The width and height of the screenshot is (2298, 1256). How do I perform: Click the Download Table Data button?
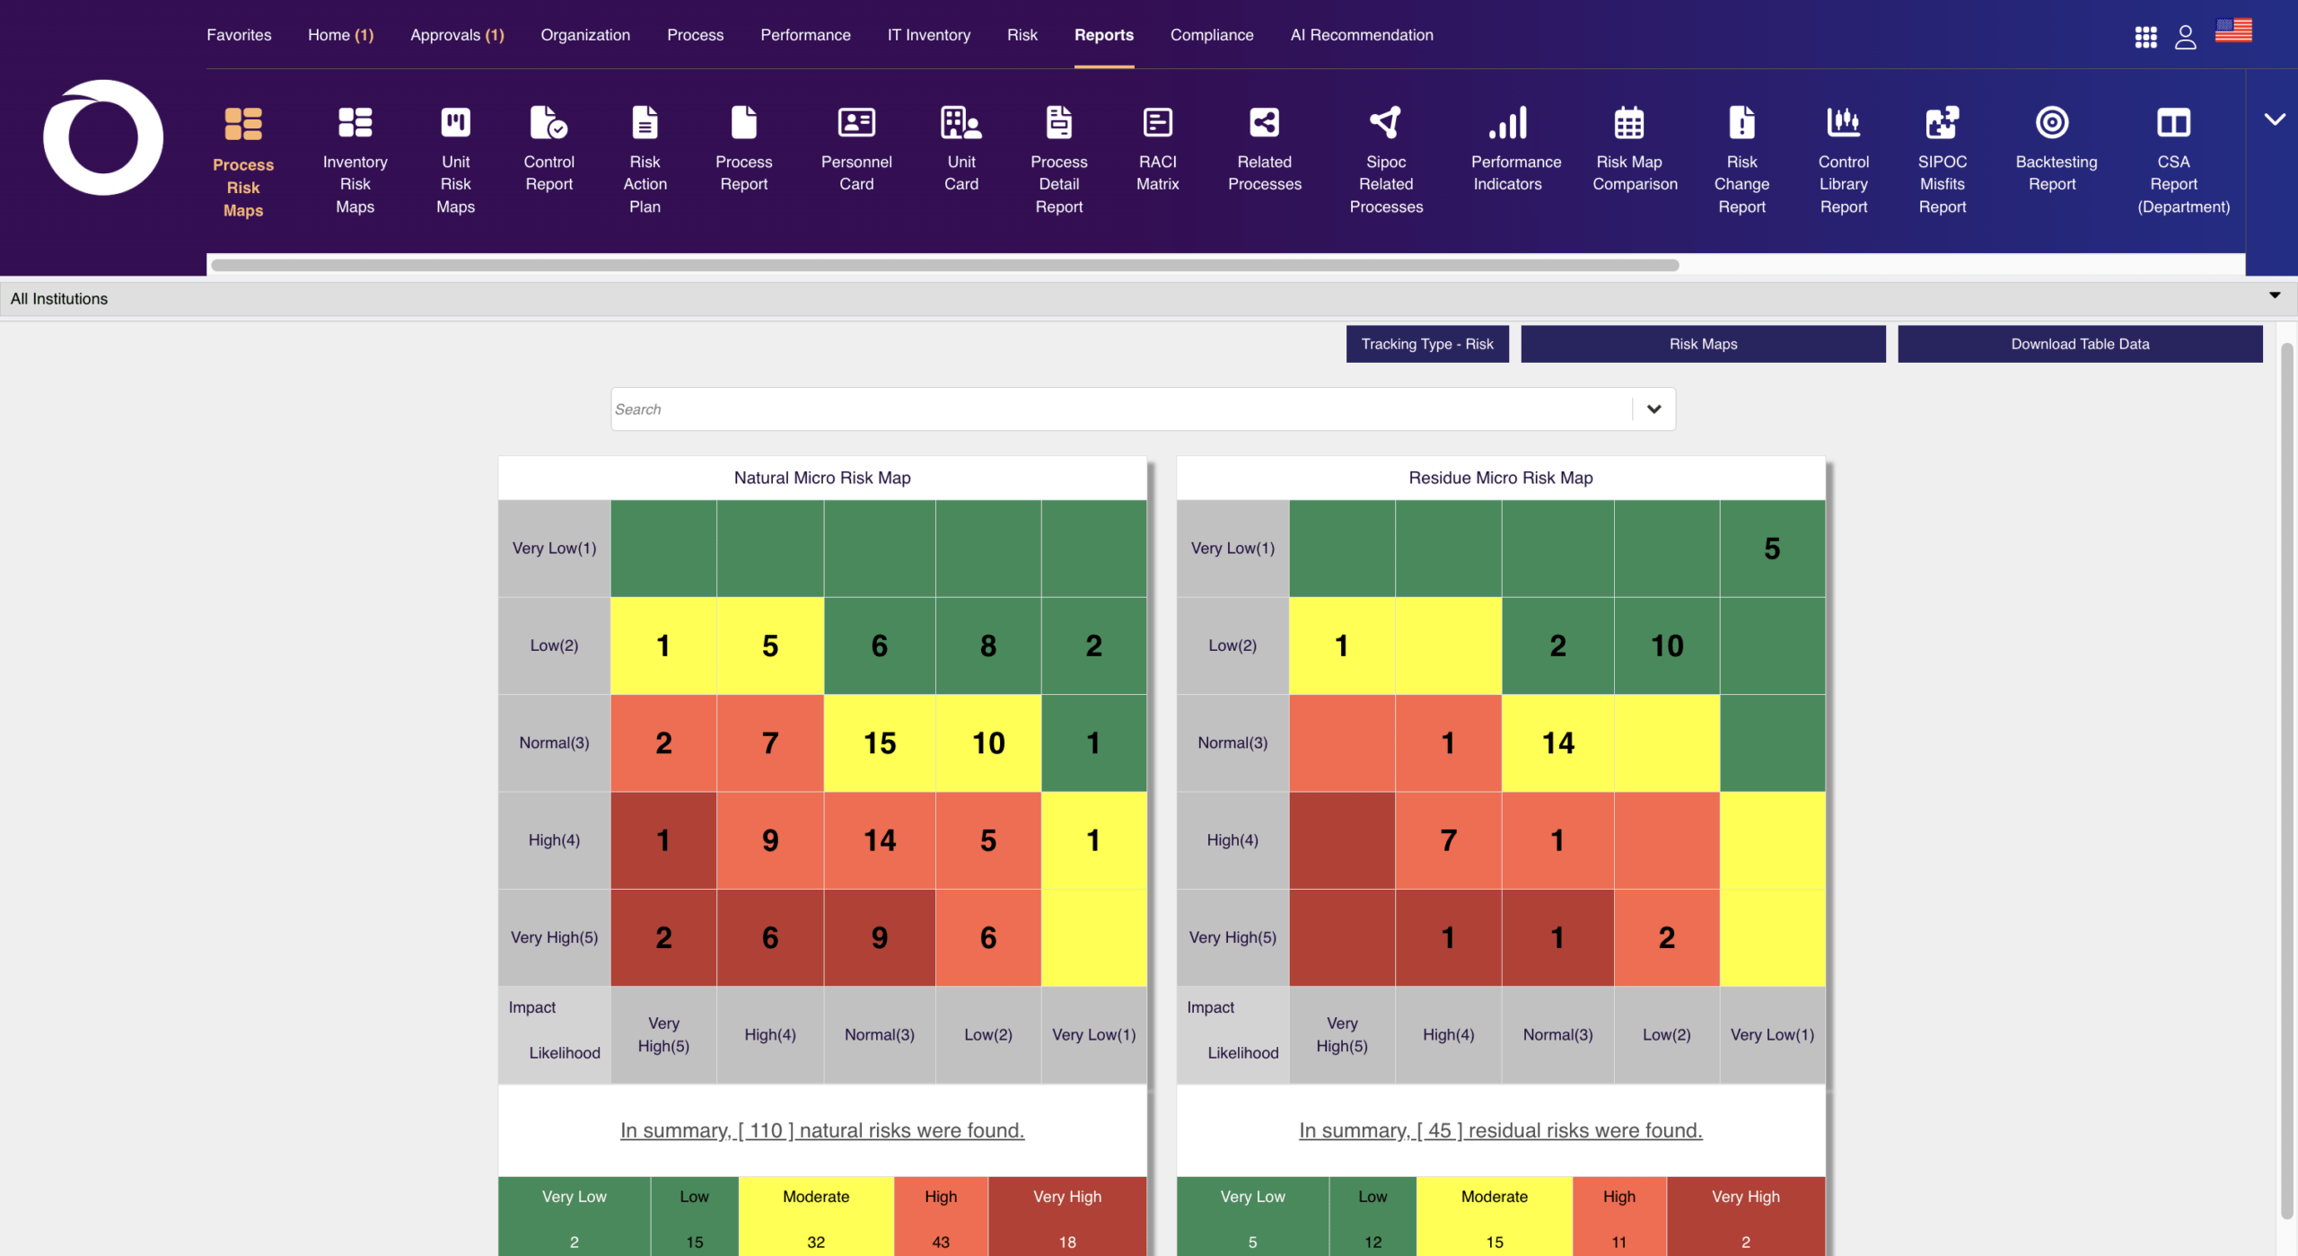(x=2079, y=344)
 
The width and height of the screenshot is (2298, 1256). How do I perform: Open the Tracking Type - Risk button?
(x=1427, y=344)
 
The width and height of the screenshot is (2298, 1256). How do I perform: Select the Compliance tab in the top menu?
(x=1212, y=35)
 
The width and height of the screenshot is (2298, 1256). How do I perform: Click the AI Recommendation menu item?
(x=1362, y=35)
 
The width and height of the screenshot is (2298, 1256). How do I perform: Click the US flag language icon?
(x=2233, y=31)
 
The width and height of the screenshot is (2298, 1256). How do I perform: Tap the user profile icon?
(x=2185, y=37)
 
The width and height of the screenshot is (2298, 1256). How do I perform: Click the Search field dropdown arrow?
(x=1653, y=409)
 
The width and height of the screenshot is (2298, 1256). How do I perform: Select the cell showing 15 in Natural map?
(x=880, y=742)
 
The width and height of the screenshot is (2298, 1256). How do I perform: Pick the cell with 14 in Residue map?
(x=1557, y=742)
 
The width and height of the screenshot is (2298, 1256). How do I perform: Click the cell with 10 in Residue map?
(x=1667, y=646)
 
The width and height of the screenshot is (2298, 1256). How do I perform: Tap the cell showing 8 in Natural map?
(x=988, y=646)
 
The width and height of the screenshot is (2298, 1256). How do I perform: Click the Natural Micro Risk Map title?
(x=822, y=478)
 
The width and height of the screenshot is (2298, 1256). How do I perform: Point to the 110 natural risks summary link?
(x=822, y=1130)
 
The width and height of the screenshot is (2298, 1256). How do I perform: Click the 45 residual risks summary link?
(x=1501, y=1130)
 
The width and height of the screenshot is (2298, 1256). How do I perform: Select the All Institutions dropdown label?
(x=59, y=299)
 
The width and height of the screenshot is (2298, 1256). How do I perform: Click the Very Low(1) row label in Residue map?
(x=1232, y=549)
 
